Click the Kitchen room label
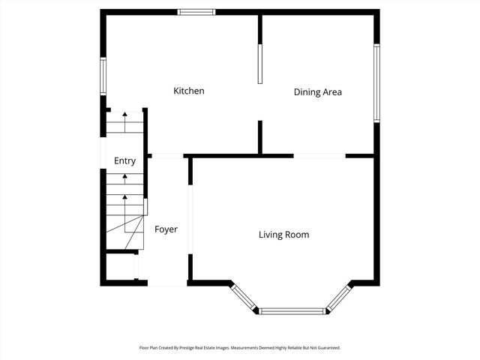[189, 91]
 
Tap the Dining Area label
[317, 92]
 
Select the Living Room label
[283, 235]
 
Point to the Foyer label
[166, 229]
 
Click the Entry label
[124, 160]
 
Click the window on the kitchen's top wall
[196, 11]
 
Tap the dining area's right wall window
[376, 82]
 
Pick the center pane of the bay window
[292, 310]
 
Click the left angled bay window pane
[245, 297]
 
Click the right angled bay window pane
[339, 297]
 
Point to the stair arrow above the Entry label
[124, 118]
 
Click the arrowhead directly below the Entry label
[124, 178]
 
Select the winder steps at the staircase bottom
[126, 235]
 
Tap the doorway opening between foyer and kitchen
[167, 156]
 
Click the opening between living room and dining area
[319, 156]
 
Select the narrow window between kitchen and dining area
[260, 64]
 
